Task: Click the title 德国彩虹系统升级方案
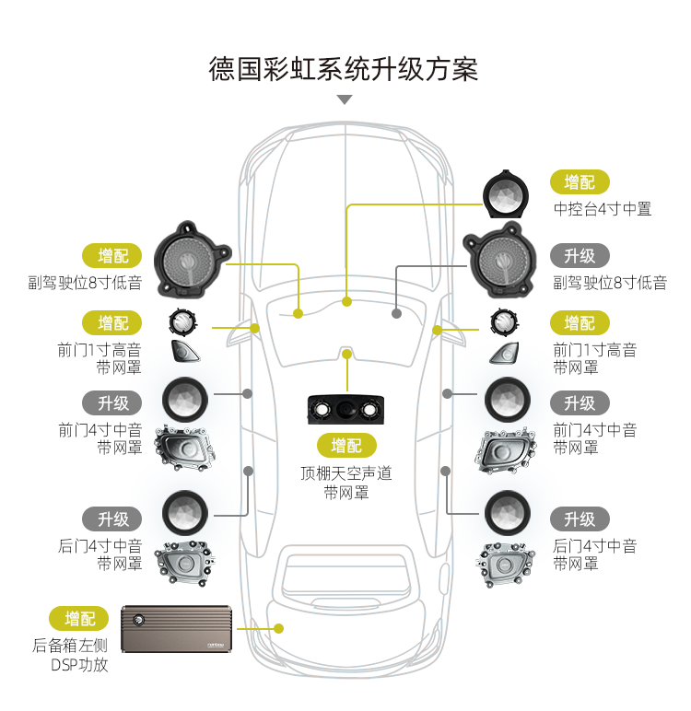(345, 69)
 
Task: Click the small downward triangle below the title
(345, 99)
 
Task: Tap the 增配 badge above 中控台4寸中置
(580, 182)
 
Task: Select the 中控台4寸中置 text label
(602, 209)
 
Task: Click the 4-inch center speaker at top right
(506, 194)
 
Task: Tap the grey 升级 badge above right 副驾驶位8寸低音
(580, 256)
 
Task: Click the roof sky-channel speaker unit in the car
(346, 410)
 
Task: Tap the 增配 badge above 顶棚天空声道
(346, 446)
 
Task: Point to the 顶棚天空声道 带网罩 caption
(346, 483)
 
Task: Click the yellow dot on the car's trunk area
(279, 628)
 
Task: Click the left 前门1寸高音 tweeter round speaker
(183, 322)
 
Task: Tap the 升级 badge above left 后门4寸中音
(113, 519)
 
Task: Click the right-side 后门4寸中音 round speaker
(507, 511)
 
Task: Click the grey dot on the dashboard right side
(396, 314)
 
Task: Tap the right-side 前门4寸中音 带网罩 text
(594, 438)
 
